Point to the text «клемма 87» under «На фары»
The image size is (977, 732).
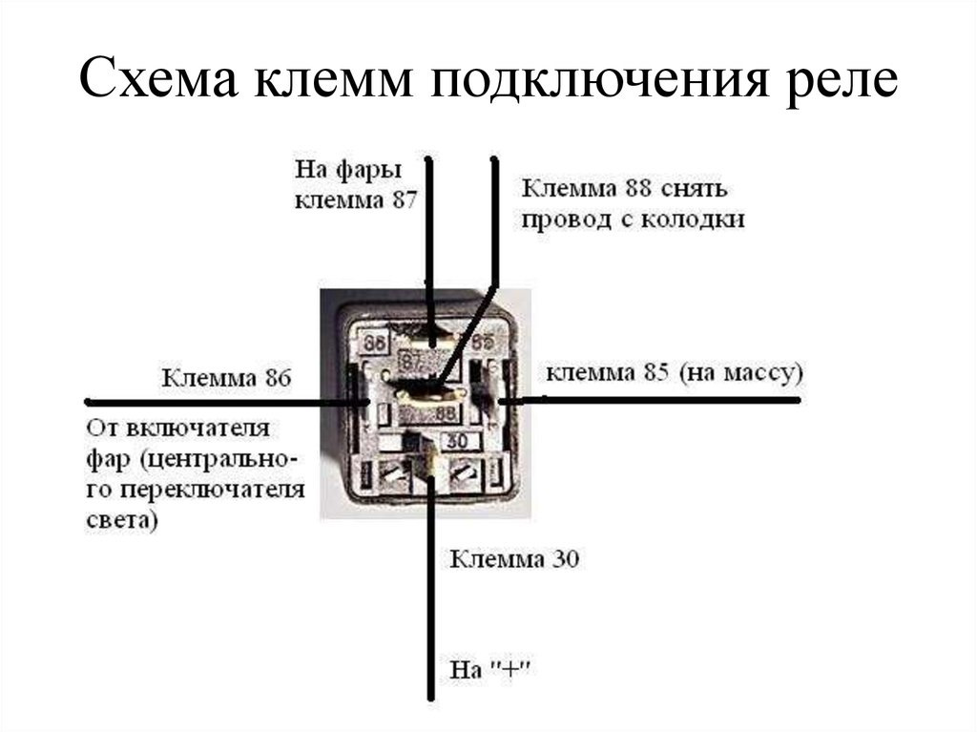click(357, 200)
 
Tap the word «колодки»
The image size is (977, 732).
click(696, 219)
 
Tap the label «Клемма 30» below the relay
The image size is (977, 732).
click(514, 558)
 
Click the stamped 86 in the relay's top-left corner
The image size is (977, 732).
click(376, 342)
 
